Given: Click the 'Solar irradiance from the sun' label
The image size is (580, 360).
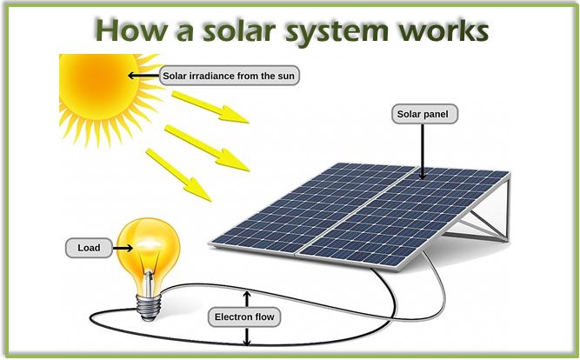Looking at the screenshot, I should pyautogui.click(x=230, y=76).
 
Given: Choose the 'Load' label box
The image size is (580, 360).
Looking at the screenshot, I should pyautogui.click(x=89, y=248).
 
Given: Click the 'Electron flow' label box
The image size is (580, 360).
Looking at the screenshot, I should pyautogui.click(x=245, y=317).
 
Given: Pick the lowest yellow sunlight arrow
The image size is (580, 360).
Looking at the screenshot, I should pyautogui.click(x=178, y=174).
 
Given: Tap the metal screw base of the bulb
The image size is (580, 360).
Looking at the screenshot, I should pyautogui.click(x=148, y=301).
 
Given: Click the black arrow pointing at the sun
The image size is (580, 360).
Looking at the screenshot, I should pyautogui.click(x=143, y=76).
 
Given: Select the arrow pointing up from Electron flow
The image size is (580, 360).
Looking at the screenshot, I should pyautogui.click(x=246, y=298).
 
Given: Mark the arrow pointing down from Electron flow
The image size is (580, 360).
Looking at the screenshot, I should pyautogui.click(x=246, y=336).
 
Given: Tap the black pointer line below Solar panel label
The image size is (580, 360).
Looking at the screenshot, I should pyautogui.click(x=424, y=152).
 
